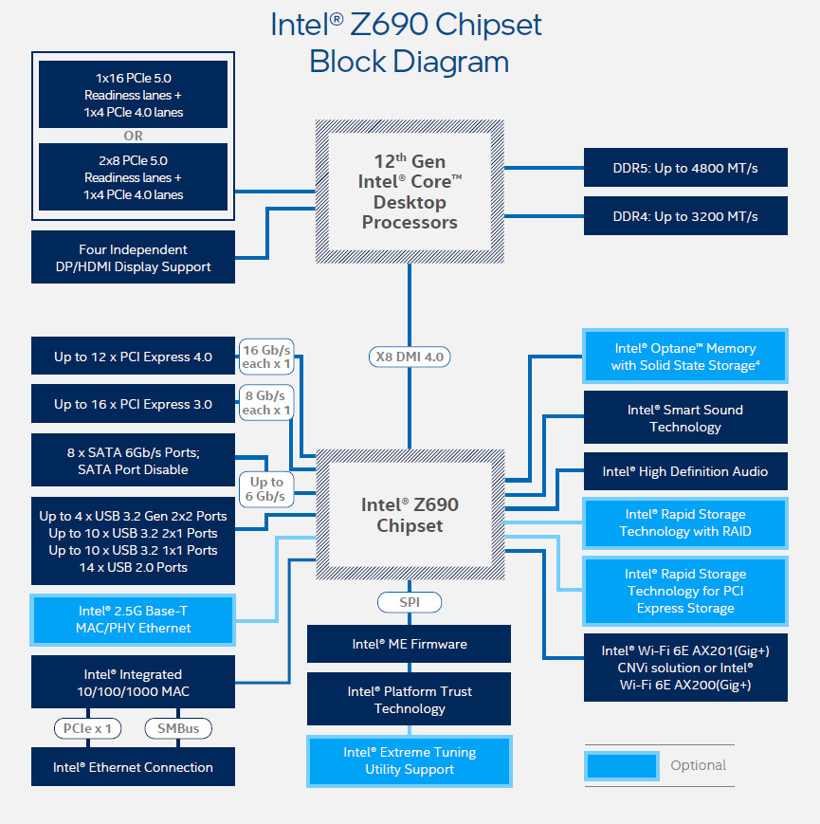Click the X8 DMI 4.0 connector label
[409, 357]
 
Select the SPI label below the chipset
[409, 602]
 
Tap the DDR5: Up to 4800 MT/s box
[685, 168]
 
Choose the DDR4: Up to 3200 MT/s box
[685, 216]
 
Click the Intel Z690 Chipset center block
[410, 515]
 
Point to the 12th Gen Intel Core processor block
[410, 192]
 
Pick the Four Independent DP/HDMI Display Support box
[133, 258]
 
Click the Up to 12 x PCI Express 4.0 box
[133, 357]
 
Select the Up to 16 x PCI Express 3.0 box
[133, 404]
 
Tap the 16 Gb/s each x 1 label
[266, 357]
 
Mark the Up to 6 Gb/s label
[266, 488]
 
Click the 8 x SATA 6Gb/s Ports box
[133, 461]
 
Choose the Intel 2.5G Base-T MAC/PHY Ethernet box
[133, 619]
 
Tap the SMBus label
[177, 728]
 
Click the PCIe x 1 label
[88, 728]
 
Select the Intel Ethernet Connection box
[133, 767]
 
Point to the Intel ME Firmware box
[409, 644]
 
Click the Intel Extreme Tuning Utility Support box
[409, 760]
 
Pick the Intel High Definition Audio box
[685, 471]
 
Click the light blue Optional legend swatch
[622, 765]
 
